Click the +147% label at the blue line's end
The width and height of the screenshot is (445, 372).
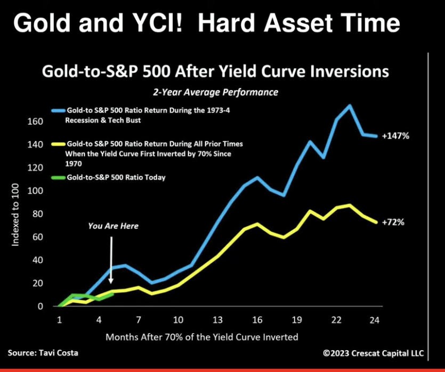tap(395, 136)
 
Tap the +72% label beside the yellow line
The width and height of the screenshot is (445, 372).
tap(393, 222)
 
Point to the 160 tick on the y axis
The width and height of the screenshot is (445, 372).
tap(35, 121)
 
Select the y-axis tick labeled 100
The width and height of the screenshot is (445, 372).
tap(35, 191)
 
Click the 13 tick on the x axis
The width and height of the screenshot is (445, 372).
tap(217, 320)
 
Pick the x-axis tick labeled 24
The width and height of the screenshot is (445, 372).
tap(374, 320)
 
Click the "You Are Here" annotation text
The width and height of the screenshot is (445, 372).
tap(113, 226)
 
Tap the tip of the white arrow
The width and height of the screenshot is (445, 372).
tap(111, 283)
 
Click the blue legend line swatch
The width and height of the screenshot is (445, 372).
tap(59, 111)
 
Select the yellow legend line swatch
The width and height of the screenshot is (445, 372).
tap(59, 144)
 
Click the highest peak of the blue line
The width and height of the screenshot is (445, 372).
tap(350, 106)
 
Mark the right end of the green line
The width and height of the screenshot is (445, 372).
tap(113, 294)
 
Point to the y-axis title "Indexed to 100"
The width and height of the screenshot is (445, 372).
tap(15, 215)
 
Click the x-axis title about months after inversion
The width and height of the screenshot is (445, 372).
tap(202, 337)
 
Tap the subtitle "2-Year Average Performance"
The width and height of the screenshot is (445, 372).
tap(216, 93)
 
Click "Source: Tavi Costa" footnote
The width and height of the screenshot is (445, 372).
tap(43, 353)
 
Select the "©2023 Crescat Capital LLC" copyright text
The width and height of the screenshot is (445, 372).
tap(373, 353)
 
